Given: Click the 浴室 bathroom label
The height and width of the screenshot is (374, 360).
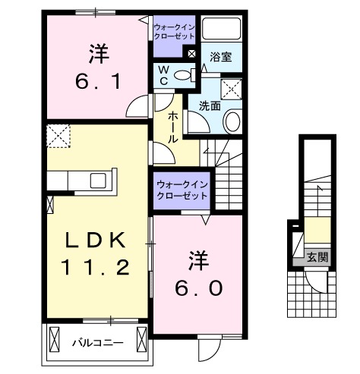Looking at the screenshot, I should click(x=220, y=56).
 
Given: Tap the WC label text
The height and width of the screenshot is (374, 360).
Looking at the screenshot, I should click(x=164, y=75).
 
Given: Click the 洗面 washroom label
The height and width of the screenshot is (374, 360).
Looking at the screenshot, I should click(x=210, y=106).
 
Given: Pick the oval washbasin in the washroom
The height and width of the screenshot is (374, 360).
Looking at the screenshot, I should click(x=233, y=121).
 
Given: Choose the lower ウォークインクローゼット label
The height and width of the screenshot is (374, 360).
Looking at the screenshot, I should click(x=181, y=190).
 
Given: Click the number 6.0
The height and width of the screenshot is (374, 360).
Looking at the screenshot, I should click(x=199, y=288).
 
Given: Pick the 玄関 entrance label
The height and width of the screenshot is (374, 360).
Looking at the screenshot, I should click(x=317, y=257).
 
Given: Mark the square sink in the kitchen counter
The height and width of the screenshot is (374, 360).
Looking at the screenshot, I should click(x=99, y=181).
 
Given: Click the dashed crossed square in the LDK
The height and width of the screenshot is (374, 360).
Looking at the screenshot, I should click(x=58, y=137).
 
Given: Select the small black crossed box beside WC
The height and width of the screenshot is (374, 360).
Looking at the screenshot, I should click(x=191, y=55).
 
